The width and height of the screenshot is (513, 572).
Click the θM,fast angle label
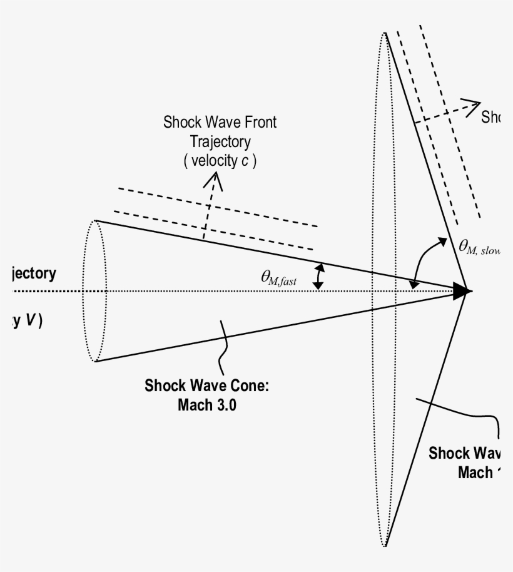280,278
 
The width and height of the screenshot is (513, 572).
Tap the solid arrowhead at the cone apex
463,291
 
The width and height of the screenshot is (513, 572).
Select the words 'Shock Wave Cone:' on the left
207,385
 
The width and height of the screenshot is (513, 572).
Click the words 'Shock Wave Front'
220,122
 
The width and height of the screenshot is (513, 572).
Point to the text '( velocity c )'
220,161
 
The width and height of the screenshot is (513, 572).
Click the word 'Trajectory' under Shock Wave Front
220,141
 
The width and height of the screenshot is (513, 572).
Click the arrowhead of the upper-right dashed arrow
473,104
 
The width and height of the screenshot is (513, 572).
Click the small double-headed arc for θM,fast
320,276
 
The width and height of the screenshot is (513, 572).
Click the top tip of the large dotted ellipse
384,33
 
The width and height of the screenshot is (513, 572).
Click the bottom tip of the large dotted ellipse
384,545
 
